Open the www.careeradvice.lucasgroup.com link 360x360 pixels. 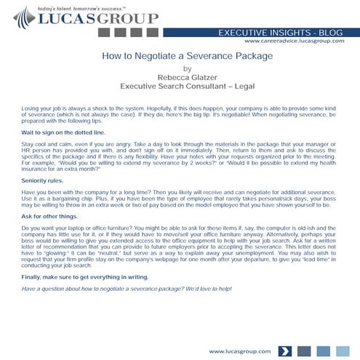click(298, 42)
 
